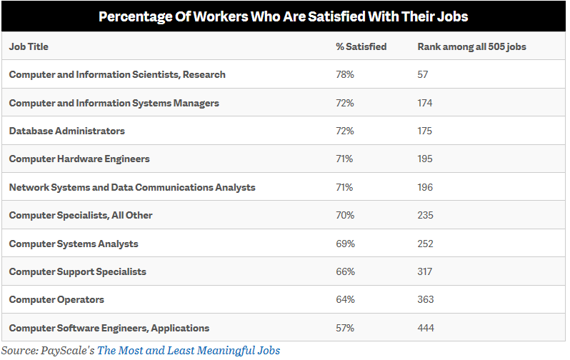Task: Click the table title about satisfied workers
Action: tap(284, 16)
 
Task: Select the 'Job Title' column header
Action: tap(29, 46)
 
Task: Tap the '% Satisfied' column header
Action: tap(361, 46)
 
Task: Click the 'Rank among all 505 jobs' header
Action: tap(472, 46)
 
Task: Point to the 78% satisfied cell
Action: tap(345, 74)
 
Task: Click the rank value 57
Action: tap(424, 74)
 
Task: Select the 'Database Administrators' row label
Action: tap(67, 131)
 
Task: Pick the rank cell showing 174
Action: tap(426, 103)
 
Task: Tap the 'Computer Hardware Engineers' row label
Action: tap(79, 159)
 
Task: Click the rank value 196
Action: tap(426, 187)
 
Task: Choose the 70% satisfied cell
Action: tap(345, 215)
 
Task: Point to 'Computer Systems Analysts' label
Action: tap(74, 244)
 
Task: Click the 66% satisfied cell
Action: tap(345, 271)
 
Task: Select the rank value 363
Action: tap(426, 299)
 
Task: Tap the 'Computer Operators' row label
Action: tap(56, 299)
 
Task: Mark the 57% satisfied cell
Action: tap(345, 328)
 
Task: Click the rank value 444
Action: tap(426, 328)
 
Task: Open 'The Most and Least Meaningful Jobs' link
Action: tap(189, 350)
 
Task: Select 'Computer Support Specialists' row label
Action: tap(78, 271)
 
